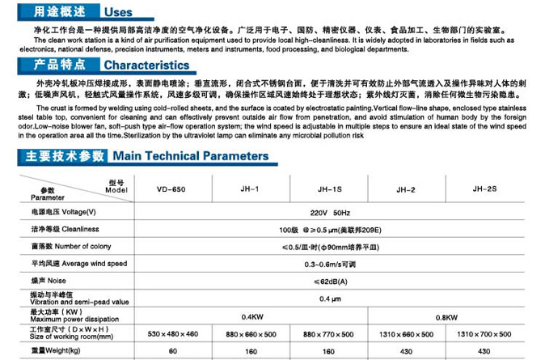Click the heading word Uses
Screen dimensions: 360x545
(119, 13)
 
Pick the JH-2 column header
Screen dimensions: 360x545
(406, 189)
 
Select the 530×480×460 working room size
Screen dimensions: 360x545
(172, 333)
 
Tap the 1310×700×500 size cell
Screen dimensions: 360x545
(484, 333)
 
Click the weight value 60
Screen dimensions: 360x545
(172, 351)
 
